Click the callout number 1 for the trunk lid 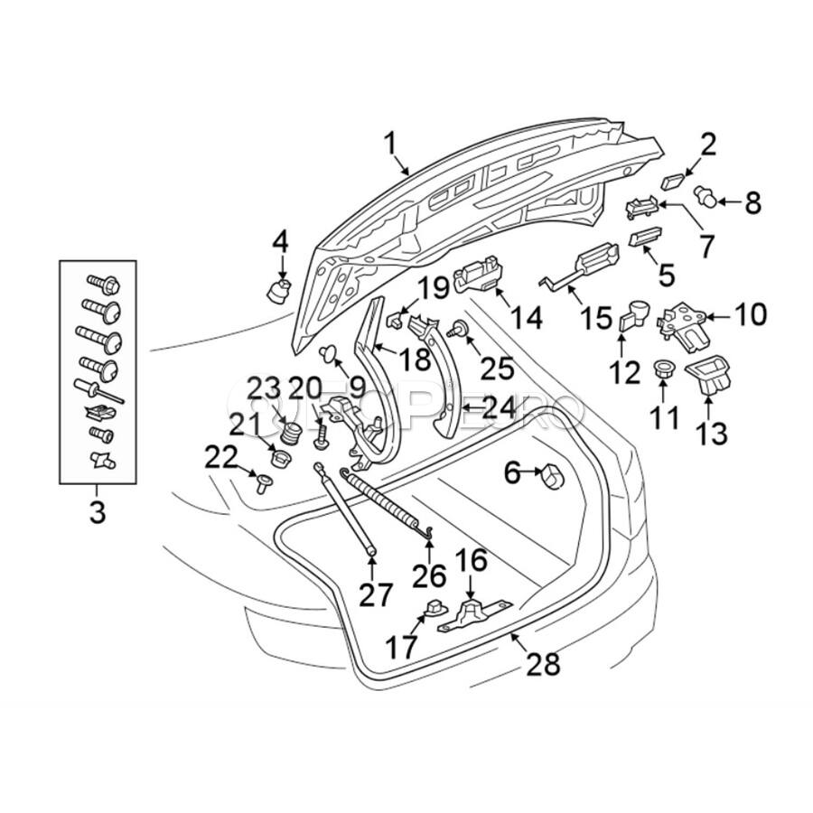click(390, 143)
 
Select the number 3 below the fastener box click(97, 512)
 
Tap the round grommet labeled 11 click(663, 370)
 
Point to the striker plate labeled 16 click(470, 615)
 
